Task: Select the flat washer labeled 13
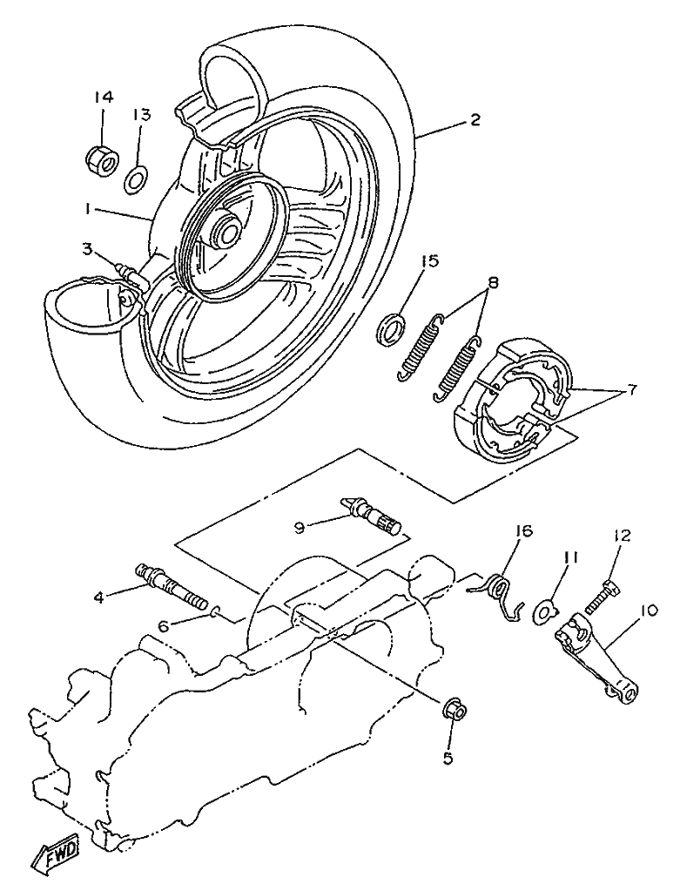[135, 179]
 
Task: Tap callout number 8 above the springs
[493, 282]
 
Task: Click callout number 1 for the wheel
[88, 210]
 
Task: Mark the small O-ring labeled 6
[215, 611]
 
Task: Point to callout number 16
[522, 530]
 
